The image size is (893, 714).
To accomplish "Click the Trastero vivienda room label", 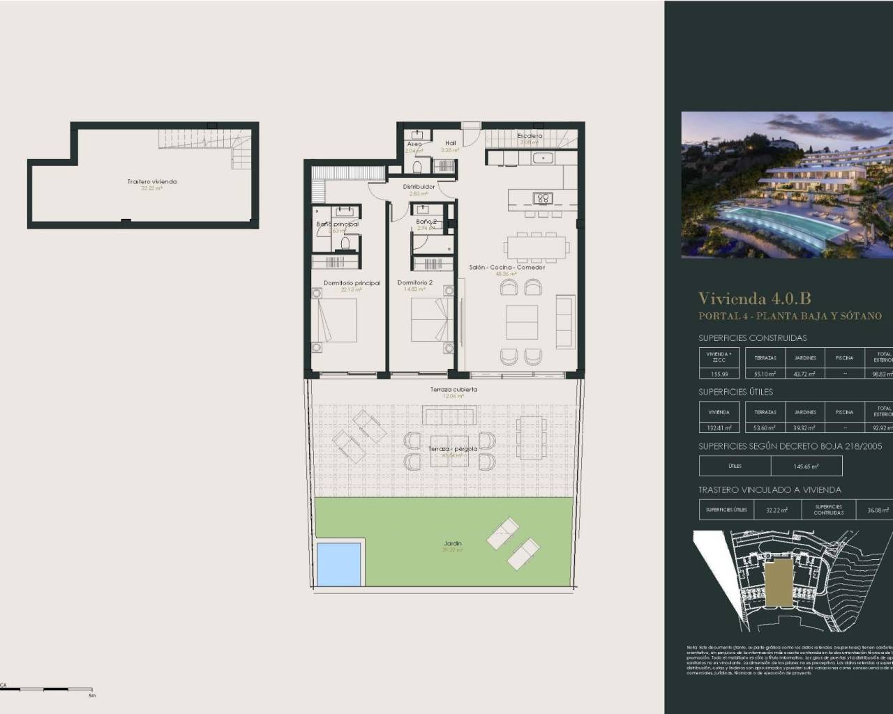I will [151, 181].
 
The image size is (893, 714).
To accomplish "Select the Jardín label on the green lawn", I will [453, 543].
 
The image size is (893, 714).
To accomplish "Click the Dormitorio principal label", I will [352, 283].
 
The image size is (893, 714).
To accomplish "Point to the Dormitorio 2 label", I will [415, 282].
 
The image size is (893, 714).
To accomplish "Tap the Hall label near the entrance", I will [450, 143].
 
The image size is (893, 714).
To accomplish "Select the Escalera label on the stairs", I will [530, 136].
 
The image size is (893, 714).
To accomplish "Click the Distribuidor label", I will [419, 187].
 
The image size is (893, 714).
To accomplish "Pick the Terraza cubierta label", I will [453, 390].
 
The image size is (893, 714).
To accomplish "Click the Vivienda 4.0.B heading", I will [754, 298].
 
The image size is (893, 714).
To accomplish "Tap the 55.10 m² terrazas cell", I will [765, 374].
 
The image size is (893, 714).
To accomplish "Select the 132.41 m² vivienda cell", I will [719, 428].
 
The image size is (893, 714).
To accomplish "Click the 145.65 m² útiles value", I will [806, 466].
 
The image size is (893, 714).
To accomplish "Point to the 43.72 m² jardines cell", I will [804, 374].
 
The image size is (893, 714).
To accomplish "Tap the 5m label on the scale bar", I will [91, 695].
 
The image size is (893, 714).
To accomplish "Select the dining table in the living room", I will [535, 247].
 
